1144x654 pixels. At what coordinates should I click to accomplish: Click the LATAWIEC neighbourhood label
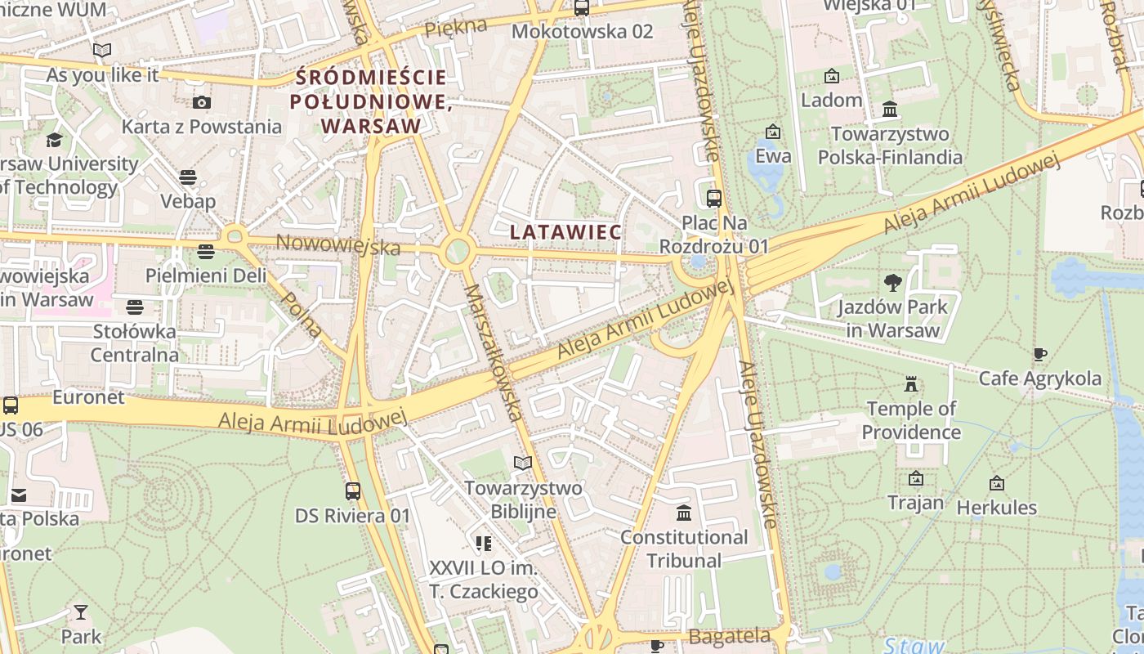pyautogui.click(x=565, y=232)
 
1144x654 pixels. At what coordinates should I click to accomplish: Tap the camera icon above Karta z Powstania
pyautogui.click(x=201, y=102)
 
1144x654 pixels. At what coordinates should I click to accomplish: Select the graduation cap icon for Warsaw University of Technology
pyautogui.click(x=54, y=140)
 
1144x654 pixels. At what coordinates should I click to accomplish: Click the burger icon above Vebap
pyautogui.click(x=188, y=177)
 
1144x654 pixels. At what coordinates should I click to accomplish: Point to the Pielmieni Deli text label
pyautogui.click(x=206, y=275)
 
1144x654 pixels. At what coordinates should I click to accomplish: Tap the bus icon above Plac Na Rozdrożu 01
pyautogui.click(x=713, y=198)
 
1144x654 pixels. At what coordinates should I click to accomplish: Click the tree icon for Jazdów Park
pyautogui.click(x=892, y=283)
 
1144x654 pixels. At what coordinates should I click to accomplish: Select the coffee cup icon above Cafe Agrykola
pyautogui.click(x=1039, y=354)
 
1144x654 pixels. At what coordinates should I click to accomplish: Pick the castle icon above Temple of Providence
pyautogui.click(x=911, y=384)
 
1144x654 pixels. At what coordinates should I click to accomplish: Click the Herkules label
pyautogui.click(x=996, y=508)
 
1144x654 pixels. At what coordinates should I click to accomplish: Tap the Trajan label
pyautogui.click(x=915, y=502)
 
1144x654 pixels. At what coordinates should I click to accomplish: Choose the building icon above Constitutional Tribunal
pyautogui.click(x=684, y=513)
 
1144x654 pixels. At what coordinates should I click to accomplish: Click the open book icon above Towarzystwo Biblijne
pyautogui.click(x=523, y=464)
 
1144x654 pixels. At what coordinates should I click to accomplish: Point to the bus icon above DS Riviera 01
pyautogui.click(x=352, y=491)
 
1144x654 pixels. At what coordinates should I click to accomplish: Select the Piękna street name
pyautogui.click(x=455, y=27)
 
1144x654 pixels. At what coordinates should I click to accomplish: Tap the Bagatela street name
pyautogui.click(x=729, y=636)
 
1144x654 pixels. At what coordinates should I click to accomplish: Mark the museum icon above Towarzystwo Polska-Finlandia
pyautogui.click(x=890, y=109)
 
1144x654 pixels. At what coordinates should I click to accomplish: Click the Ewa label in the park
pyautogui.click(x=773, y=155)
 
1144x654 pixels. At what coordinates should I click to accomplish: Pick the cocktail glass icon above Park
pyautogui.click(x=80, y=612)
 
